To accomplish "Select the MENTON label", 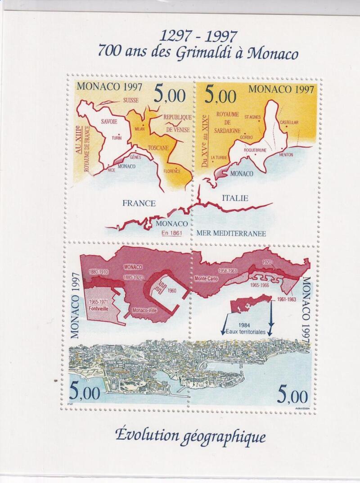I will tap(285, 155).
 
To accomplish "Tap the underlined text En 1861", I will tap(171, 233).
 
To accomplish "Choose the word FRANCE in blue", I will tap(139, 203).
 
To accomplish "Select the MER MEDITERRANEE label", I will tap(231, 233).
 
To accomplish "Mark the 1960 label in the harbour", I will tap(172, 291).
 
